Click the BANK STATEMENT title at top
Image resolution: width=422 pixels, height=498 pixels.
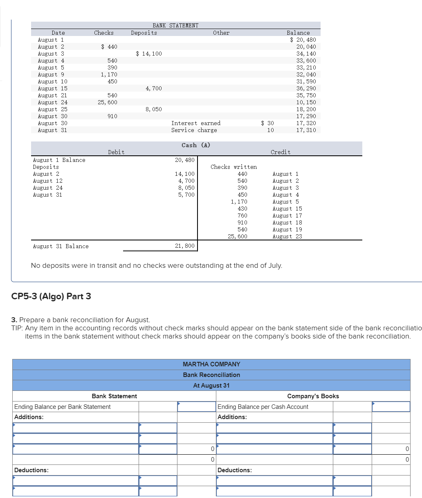click(175, 25)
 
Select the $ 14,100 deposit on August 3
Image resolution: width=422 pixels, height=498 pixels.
click(149, 54)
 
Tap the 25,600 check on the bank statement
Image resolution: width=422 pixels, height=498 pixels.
click(108, 102)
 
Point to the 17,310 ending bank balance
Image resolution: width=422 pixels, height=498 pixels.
click(306, 130)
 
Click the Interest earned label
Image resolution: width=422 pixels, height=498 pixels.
click(195, 123)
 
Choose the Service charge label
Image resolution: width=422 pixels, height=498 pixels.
click(194, 130)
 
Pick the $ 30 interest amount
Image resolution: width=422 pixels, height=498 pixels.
click(267, 123)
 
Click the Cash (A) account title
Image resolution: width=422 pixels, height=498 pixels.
click(196, 145)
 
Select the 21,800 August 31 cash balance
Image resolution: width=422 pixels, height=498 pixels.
click(184, 246)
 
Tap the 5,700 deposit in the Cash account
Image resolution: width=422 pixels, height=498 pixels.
click(186, 195)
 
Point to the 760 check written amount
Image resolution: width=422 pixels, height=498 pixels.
click(242, 215)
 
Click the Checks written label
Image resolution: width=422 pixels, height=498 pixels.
click(233, 167)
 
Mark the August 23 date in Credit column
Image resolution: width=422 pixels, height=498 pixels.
click(287, 236)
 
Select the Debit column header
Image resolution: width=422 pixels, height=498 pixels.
click(116, 152)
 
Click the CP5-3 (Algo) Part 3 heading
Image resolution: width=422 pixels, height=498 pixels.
click(51, 296)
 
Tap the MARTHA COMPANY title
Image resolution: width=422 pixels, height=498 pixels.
click(211, 364)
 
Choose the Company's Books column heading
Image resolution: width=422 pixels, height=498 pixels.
click(313, 396)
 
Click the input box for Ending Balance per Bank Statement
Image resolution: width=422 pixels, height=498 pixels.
click(196, 406)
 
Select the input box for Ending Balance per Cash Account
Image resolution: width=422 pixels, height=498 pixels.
click(391, 406)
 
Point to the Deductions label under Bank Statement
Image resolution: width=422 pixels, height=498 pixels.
click(31, 470)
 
